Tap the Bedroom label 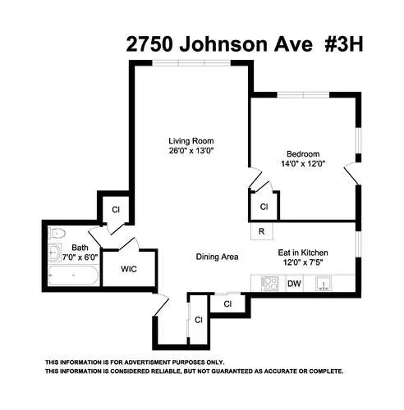point(301,153)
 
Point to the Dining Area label point(217,257)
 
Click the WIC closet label point(129,268)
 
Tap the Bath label point(79,248)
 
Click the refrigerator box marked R point(261,231)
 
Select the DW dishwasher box point(294,284)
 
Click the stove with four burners point(269,284)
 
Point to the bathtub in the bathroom point(72,276)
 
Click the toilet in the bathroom point(55,251)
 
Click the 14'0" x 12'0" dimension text point(301,164)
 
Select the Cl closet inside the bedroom point(264,207)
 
